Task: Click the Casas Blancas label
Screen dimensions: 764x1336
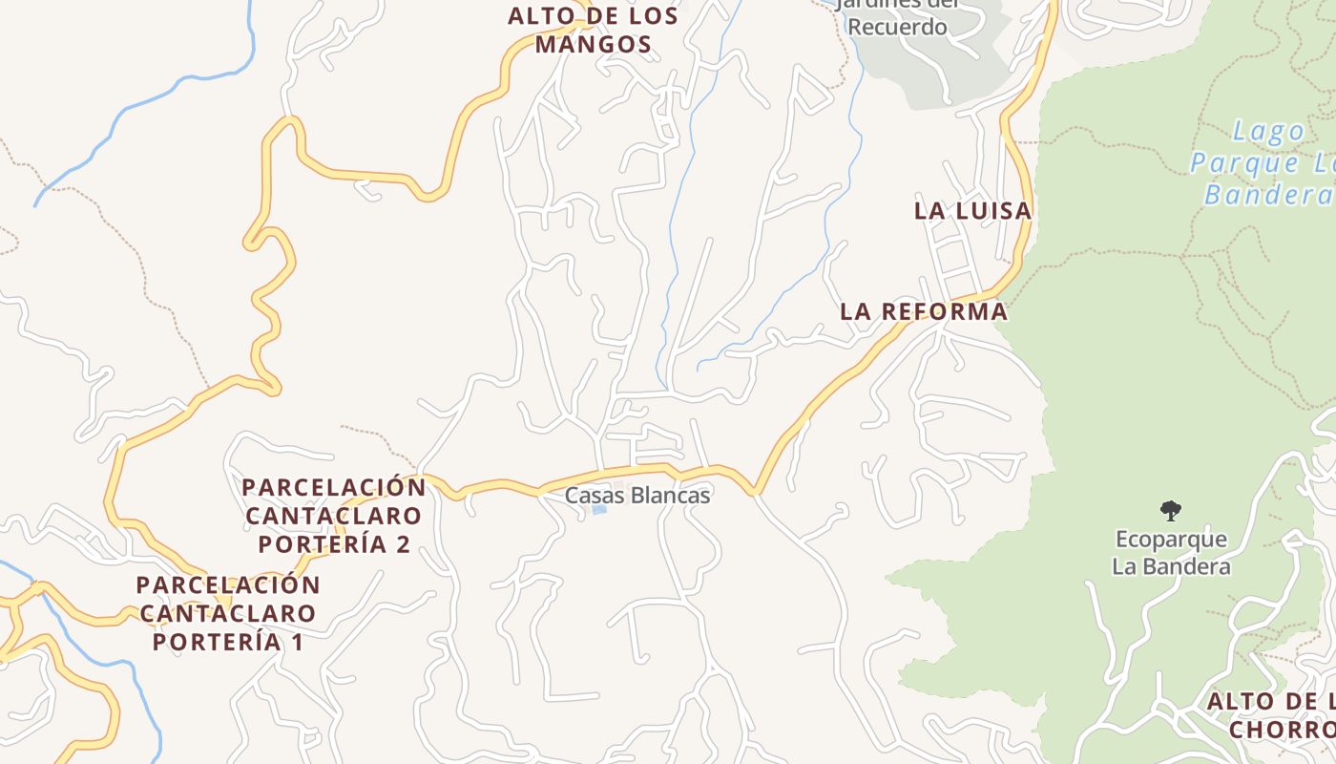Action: coord(637,496)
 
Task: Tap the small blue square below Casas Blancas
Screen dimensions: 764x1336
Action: coord(599,510)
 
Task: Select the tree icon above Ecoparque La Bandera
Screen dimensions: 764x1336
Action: coord(1170,511)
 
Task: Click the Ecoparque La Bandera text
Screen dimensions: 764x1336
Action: coord(1171,553)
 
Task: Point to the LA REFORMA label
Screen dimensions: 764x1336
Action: coord(923,311)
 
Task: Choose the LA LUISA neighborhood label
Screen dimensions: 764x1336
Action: coord(972,211)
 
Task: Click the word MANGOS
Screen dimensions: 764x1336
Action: coord(593,44)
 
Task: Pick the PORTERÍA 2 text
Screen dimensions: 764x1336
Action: coord(334,544)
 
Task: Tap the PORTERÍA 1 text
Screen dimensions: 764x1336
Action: coord(227,642)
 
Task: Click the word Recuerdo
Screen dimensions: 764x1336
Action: coord(897,27)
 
